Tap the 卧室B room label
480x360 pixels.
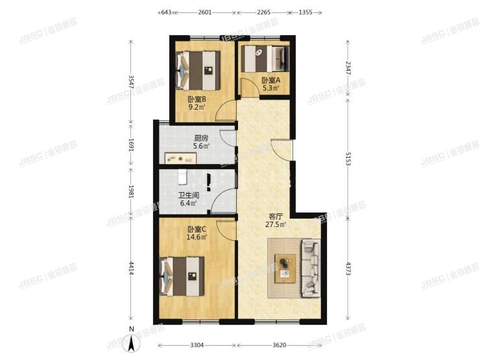pyautogui.click(x=197, y=99)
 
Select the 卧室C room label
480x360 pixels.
pyautogui.click(x=197, y=229)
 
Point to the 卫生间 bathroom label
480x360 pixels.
pyautogui.click(x=189, y=195)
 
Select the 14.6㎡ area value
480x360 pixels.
pyautogui.click(x=197, y=237)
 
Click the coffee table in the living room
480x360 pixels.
pyautogui.click(x=283, y=268)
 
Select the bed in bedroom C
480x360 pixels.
pyautogui.click(x=183, y=276)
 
